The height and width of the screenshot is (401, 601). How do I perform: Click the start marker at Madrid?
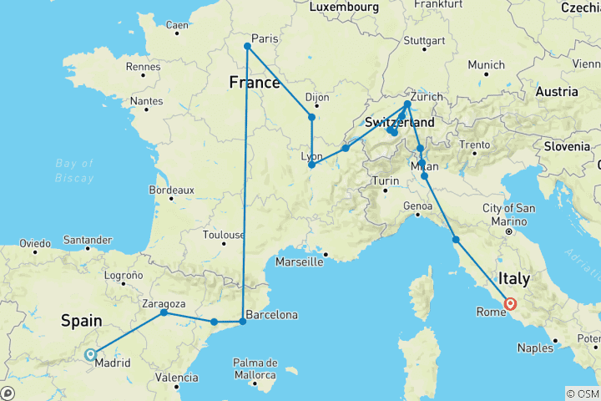tap(90, 354)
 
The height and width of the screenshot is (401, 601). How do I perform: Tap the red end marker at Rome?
tap(509, 304)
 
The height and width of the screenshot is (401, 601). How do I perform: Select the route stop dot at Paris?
tap(247, 47)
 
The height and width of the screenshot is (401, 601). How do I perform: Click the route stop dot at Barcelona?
tap(243, 322)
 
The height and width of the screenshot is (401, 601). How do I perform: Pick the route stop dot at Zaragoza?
tap(164, 312)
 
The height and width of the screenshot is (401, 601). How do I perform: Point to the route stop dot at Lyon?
tap(311, 165)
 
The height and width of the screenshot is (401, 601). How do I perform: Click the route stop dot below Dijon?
tap(311, 118)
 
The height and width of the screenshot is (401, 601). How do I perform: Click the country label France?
tap(255, 84)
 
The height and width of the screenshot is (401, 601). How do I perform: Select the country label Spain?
tap(81, 321)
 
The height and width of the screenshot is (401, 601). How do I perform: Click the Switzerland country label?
tap(399, 123)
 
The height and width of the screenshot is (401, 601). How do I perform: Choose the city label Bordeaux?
tap(171, 190)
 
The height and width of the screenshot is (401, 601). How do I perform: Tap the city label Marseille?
tap(300, 261)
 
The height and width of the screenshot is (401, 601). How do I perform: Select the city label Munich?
tap(486, 64)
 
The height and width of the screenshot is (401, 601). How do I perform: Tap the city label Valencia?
tap(177, 378)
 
